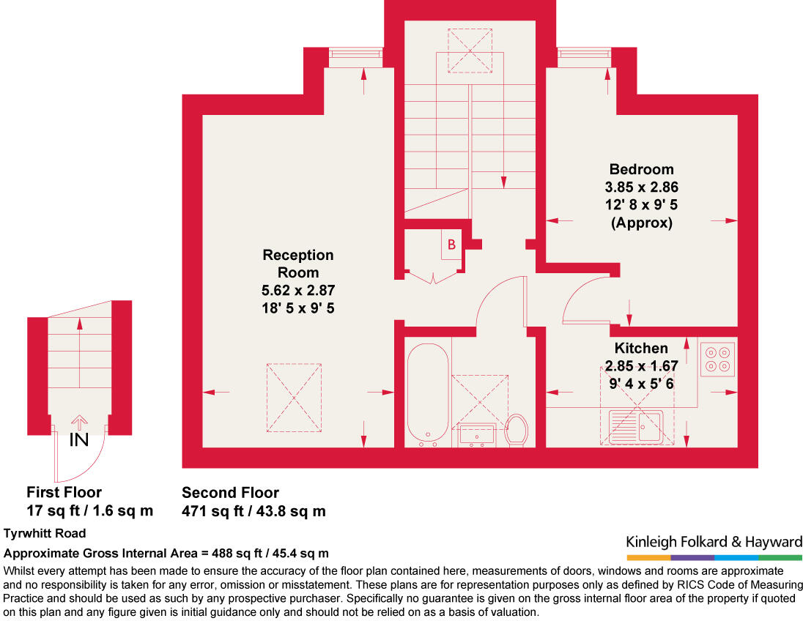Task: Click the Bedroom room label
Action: pos(641,169)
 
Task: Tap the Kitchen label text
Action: pos(641,348)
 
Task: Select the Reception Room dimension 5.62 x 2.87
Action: pos(298,290)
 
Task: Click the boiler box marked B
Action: pos(451,245)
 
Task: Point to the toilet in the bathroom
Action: pos(517,430)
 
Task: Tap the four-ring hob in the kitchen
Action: pos(717,359)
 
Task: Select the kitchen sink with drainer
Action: pos(635,426)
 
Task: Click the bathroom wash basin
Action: pos(477,435)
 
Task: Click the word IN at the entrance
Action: pos(79,440)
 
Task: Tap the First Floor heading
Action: pos(64,493)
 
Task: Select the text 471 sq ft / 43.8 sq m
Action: pos(254,511)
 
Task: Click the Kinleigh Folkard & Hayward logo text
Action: pos(714,542)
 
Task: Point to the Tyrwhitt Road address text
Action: pos(45,533)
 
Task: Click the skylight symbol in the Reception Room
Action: pos(294,398)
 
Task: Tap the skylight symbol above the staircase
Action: pos(470,51)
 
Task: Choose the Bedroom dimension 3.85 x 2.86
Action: pos(641,187)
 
